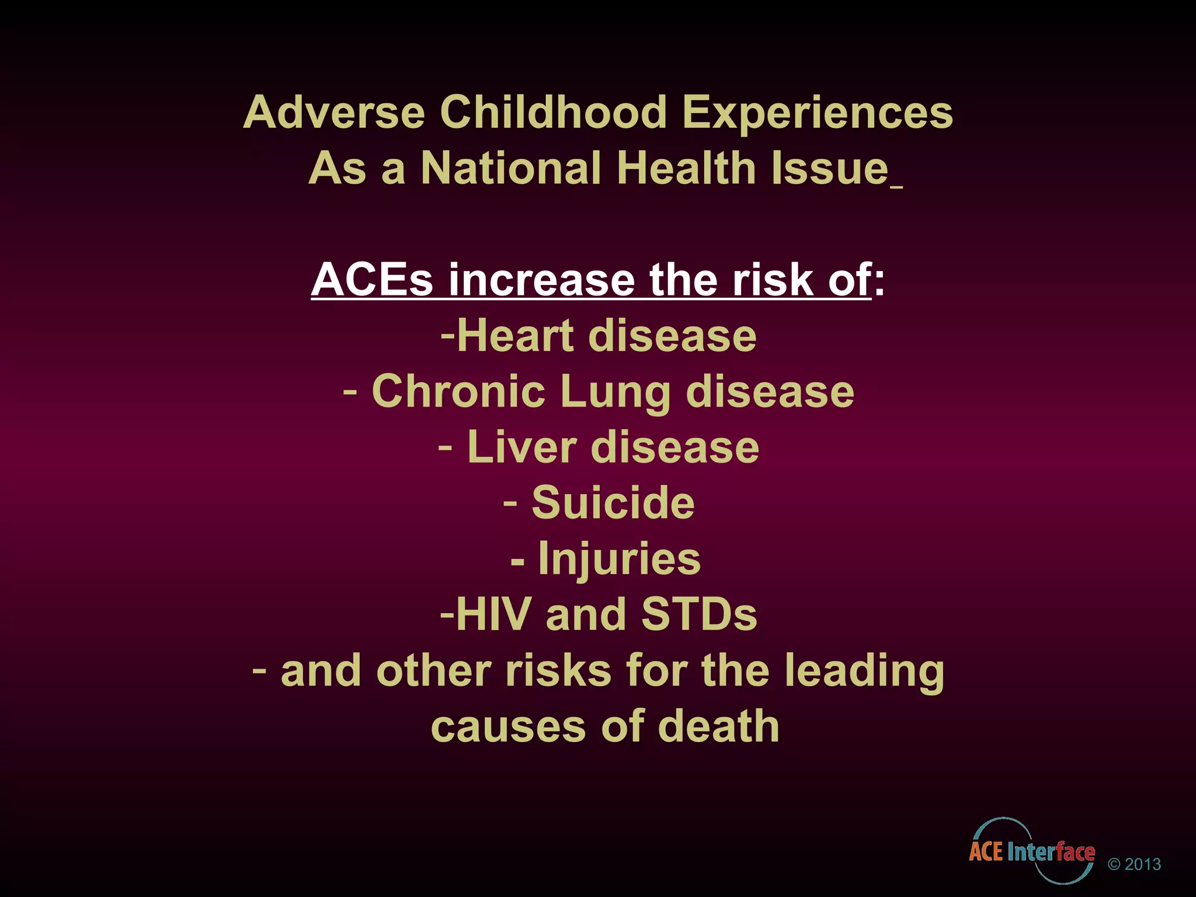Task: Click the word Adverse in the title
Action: pos(334,112)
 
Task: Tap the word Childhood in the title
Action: pos(553,112)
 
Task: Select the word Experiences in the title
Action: pos(818,112)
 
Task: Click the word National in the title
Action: pos(511,168)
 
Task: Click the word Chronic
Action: pos(458,391)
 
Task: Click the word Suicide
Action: pos(613,502)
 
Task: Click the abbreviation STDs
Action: pos(698,614)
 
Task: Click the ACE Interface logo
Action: pos(1032,850)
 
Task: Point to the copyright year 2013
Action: pos(1142,864)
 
